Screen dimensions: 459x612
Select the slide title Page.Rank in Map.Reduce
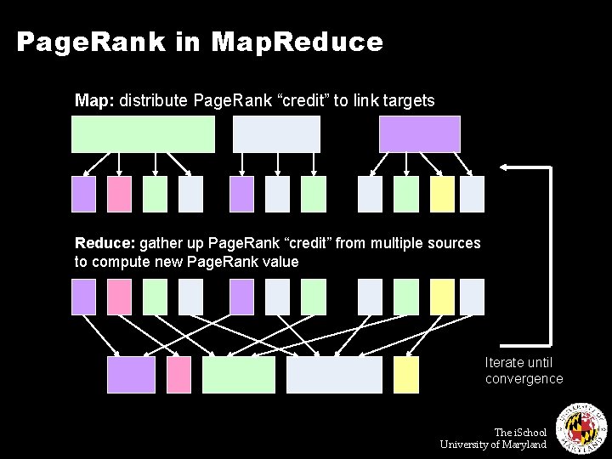pyautogui.click(x=200, y=41)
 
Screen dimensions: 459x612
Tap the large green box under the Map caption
pyautogui.click(x=143, y=134)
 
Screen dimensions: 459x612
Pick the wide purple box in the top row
pyautogui.click(x=419, y=134)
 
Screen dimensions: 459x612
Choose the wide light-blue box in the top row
pyautogui.click(x=276, y=134)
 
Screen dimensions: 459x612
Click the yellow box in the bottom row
pyautogui.click(x=406, y=375)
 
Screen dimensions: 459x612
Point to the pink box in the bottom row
pyautogui.click(x=179, y=375)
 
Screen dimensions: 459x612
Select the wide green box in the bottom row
pyautogui.click(x=239, y=375)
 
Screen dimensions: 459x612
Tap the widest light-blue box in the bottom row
pyautogui.click(x=335, y=375)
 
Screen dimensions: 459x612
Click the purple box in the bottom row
pyautogui.click(x=131, y=375)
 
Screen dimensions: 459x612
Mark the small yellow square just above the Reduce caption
pyautogui.click(x=442, y=194)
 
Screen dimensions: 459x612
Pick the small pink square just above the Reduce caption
pyautogui.click(x=120, y=194)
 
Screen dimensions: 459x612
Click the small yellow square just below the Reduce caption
pyautogui.click(x=442, y=297)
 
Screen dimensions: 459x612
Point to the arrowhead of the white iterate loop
pyautogui.click(x=503, y=168)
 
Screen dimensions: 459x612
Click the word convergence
pyautogui.click(x=524, y=379)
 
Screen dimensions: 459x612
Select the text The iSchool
pyautogui.click(x=520, y=433)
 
